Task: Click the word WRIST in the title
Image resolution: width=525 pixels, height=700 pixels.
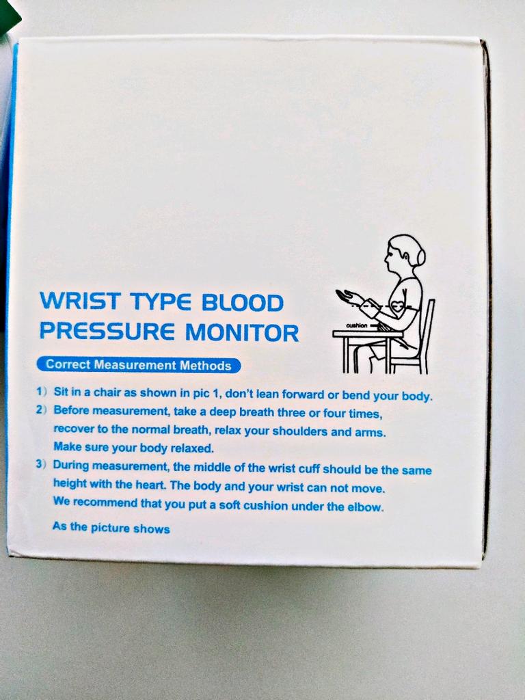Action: (x=80, y=301)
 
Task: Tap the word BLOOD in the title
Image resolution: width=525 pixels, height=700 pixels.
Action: (x=243, y=302)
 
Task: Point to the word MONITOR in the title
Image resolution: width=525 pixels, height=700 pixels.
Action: (x=242, y=333)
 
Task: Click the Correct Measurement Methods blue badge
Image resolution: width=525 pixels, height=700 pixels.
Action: (x=138, y=365)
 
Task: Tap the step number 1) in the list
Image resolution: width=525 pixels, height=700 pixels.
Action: (x=42, y=392)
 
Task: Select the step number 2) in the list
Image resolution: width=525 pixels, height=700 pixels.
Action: (x=42, y=410)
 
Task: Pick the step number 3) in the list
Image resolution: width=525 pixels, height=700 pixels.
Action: (x=42, y=464)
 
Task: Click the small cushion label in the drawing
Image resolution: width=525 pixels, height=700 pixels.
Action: (x=357, y=325)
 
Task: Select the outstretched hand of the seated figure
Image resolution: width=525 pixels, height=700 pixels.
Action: (x=346, y=295)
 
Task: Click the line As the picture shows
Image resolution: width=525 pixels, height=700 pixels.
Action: (x=111, y=528)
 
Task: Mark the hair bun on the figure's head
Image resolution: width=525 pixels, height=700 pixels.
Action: (x=420, y=256)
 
